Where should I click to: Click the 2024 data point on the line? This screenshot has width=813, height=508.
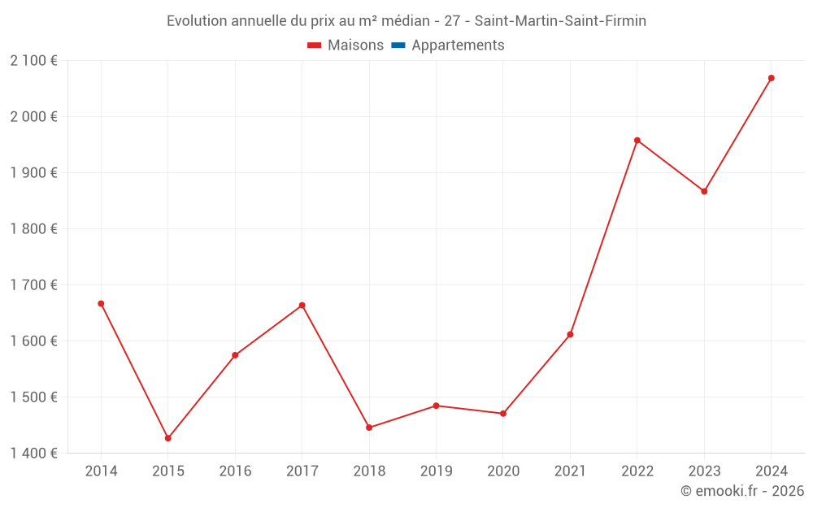click(771, 78)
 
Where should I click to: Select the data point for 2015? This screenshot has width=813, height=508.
click(168, 438)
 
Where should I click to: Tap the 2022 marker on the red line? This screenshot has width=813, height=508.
click(637, 141)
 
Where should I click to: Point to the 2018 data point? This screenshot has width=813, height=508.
click(369, 428)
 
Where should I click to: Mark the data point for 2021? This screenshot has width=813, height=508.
click(570, 335)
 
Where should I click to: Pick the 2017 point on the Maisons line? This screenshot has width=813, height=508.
click(302, 306)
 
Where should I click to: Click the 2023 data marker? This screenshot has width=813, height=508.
click(704, 191)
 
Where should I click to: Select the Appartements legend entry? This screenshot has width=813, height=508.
click(458, 46)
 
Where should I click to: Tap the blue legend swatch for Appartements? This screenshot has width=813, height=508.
click(398, 46)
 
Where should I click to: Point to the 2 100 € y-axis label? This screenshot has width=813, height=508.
click(33, 61)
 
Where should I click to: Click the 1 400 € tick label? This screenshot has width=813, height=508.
click(33, 454)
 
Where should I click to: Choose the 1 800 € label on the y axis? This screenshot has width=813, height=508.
click(33, 229)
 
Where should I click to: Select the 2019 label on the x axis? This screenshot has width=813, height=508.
click(436, 471)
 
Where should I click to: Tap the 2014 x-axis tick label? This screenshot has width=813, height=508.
click(101, 471)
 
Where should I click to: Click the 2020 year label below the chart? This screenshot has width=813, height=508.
click(503, 471)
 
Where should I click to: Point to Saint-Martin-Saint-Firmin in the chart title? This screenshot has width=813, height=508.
click(560, 21)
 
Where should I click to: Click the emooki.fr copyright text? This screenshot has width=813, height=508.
click(741, 491)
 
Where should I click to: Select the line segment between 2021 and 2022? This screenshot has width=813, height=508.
click(603, 237)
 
